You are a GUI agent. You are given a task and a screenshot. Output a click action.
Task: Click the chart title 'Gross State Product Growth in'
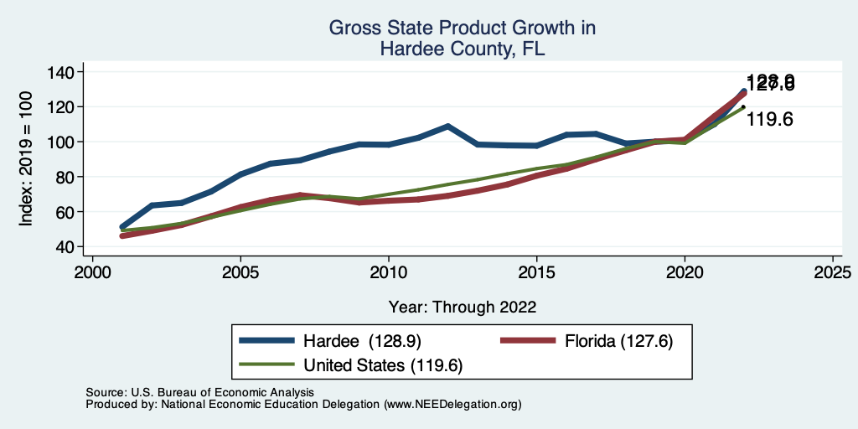pos(462,28)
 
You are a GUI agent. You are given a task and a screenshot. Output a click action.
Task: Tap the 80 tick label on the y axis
pos(59,177)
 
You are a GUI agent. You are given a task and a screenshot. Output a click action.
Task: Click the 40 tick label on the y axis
pos(59,247)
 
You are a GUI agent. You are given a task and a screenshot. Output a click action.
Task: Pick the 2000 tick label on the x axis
pos(93,273)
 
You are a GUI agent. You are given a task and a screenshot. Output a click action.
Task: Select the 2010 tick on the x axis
pos(389,273)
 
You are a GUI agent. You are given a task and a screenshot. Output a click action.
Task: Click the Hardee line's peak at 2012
pos(448,127)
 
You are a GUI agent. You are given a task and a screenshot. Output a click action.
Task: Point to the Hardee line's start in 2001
pos(123,227)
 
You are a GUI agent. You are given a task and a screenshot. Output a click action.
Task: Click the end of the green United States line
pos(743,107)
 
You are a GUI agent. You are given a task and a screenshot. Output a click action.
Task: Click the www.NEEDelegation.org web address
pos(452,404)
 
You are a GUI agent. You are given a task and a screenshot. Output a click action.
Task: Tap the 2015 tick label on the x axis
pos(536,273)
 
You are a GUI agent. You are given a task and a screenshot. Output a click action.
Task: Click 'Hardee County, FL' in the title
pos(462,49)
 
